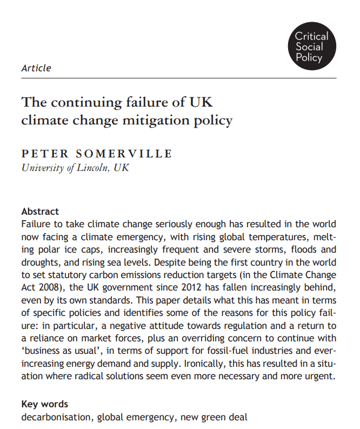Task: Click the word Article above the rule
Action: (36, 68)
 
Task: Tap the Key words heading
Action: (45, 404)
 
